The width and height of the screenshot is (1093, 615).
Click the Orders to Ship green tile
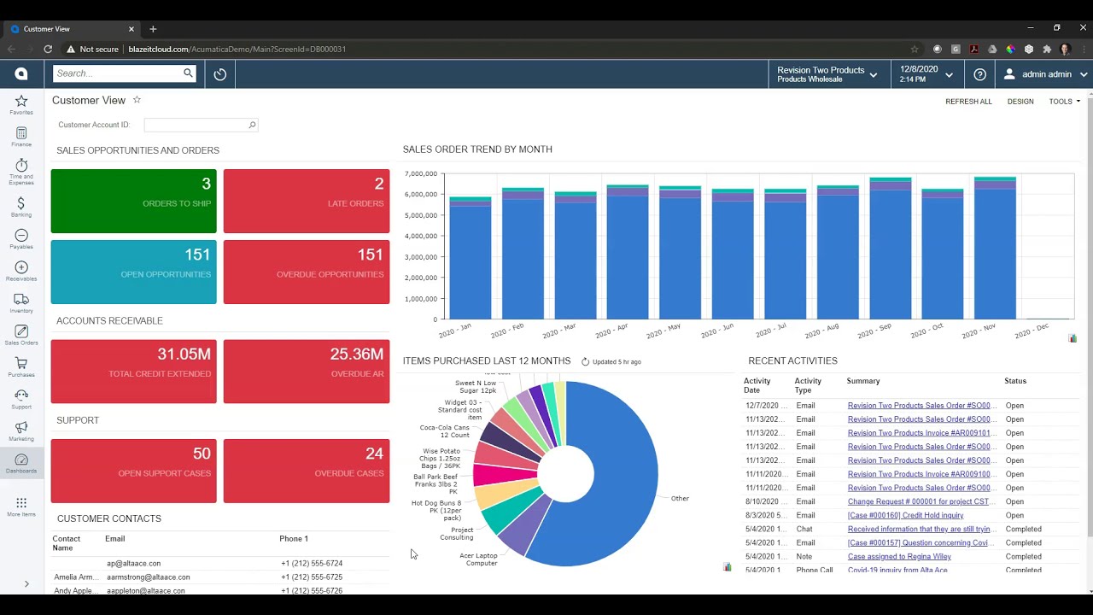coord(133,201)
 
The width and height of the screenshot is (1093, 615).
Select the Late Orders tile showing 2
coord(306,201)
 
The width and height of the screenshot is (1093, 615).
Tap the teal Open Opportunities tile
coord(133,272)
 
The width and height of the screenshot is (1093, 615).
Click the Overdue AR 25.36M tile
coord(306,371)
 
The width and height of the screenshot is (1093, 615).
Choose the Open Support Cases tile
coord(133,471)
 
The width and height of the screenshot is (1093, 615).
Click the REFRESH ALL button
coord(968,102)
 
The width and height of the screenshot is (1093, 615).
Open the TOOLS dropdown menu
coord(1064,102)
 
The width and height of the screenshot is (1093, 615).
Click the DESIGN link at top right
coord(1020,102)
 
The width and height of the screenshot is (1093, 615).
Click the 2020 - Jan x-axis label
coord(455,331)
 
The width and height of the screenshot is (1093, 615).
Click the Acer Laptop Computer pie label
coord(478,559)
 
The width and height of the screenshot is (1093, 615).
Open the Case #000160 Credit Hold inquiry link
coord(905,515)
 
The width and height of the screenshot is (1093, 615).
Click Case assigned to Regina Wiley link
coord(899,556)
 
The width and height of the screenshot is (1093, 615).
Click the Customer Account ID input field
coord(196,125)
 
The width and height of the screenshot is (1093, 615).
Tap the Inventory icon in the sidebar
coord(21,303)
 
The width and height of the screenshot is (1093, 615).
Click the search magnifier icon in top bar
coord(188,73)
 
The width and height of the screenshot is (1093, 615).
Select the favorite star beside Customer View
coord(137,100)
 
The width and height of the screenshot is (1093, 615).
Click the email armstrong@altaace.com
coord(149,577)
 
